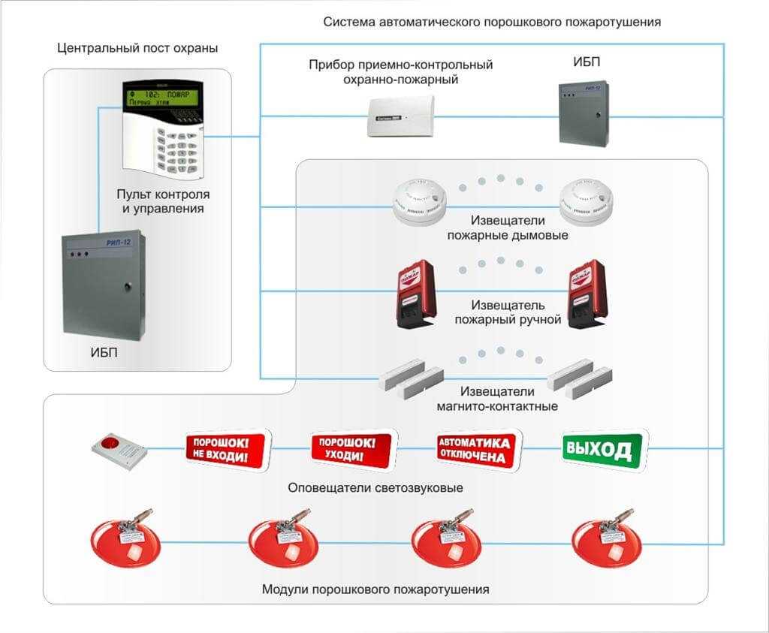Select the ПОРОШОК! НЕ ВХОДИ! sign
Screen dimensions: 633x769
click(227, 450)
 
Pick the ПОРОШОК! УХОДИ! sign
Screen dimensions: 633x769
click(352, 450)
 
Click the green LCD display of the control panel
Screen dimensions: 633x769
click(160, 97)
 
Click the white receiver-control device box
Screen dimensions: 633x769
click(400, 116)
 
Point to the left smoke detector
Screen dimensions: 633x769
click(420, 202)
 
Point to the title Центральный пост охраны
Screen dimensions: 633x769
click(137, 49)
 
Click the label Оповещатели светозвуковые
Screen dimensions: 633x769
click(375, 488)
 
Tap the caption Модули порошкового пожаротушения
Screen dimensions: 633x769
click(375, 589)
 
